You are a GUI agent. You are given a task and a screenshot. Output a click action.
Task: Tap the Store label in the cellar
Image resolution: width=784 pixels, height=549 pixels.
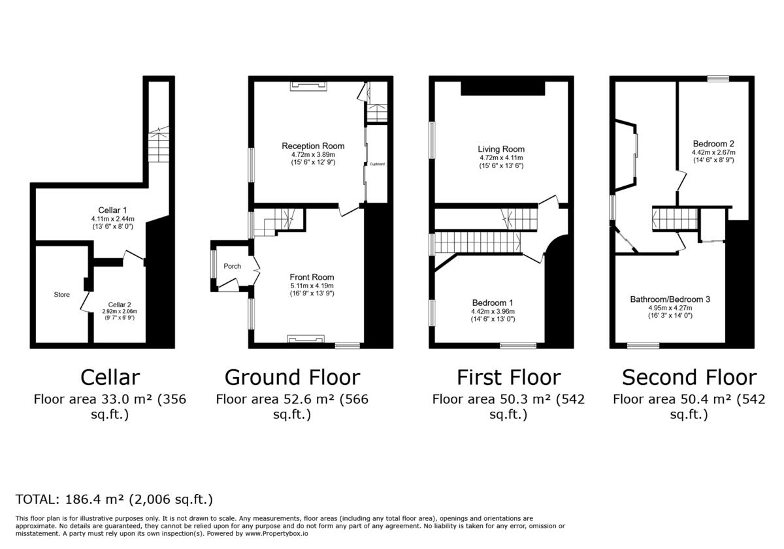(x=61, y=295)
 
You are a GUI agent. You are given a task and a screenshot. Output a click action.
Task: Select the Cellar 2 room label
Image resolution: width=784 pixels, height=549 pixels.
(x=120, y=305)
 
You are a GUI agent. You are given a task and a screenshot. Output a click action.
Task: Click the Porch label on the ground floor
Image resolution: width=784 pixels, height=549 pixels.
(x=232, y=266)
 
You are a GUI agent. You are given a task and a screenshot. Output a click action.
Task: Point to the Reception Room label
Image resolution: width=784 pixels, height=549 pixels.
(x=313, y=146)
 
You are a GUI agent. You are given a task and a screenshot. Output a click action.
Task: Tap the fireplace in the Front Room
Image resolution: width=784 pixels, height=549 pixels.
(x=306, y=339)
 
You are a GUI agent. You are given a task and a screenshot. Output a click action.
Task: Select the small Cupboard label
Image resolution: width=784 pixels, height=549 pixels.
(x=377, y=164)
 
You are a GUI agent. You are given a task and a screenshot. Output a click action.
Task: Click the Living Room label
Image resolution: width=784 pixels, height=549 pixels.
(x=501, y=149)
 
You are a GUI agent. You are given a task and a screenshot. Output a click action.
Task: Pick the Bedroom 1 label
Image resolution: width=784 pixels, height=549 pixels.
(x=493, y=303)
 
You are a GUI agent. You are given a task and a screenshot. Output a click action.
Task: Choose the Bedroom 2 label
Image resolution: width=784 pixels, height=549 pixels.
(x=713, y=144)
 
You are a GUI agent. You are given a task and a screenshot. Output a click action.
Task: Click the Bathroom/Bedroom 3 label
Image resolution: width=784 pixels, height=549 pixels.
(x=670, y=299)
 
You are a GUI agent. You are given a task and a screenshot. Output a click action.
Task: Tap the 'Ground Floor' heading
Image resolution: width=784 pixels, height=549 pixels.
(x=292, y=378)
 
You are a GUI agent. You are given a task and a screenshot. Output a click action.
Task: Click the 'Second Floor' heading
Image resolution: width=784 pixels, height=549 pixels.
(x=689, y=378)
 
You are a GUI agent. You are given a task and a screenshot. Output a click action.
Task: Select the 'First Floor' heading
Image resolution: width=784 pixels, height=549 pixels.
(x=508, y=378)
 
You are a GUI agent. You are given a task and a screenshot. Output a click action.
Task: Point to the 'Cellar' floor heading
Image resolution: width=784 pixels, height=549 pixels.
(x=110, y=378)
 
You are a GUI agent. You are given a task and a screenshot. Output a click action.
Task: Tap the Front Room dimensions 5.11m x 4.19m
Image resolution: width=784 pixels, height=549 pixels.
(x=312, y=286)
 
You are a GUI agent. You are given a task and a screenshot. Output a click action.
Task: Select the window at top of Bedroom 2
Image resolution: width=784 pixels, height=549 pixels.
(x=717, y=78)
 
